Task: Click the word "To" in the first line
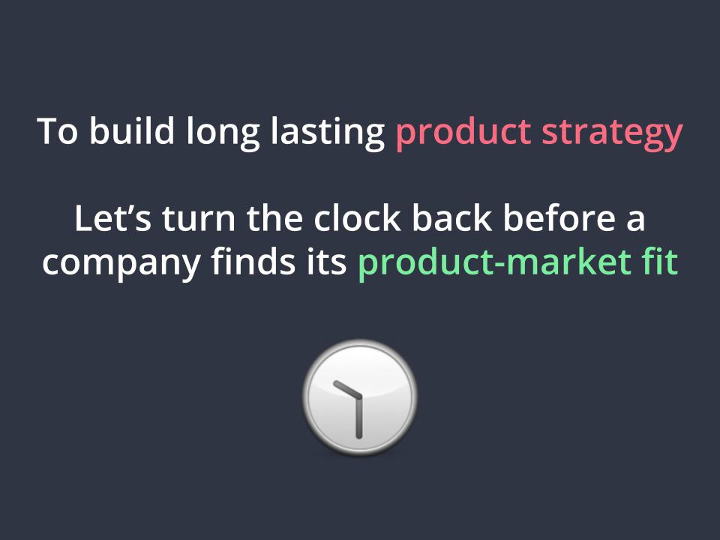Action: click(x=58, y=131)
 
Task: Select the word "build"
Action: click(x=132, y=130)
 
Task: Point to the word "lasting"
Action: click(x=328, y=133)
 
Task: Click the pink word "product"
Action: click(x=463, y=133)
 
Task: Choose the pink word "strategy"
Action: click(x=612, y=134)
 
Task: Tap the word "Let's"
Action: click(x=112, y=218)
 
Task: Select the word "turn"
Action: click(x=198, y=220)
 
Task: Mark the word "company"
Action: click(x=121, y=265)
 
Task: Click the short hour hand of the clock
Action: click(x=347, y=389)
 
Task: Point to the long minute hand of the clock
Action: click(x=359, y=417)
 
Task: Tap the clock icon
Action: click(x=359, y=397)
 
